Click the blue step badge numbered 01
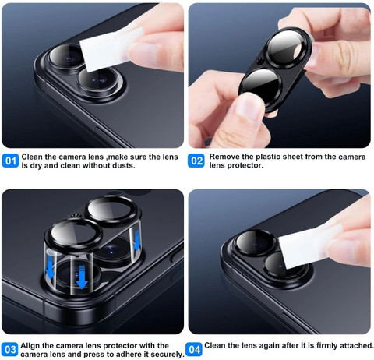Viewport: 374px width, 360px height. click(10, 161)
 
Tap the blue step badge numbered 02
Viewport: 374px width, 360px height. click(196, 161)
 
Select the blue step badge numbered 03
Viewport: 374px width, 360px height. click(10, 349)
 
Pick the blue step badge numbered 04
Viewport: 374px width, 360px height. click(194, 349)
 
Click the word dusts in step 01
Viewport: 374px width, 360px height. click(123, 165)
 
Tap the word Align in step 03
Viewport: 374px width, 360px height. click(30, 346)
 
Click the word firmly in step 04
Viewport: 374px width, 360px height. click(328, 346)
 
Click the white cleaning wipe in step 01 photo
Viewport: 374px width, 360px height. click(111, 49)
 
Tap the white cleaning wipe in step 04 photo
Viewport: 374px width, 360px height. click(310, 246)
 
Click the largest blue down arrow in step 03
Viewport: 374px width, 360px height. click(82, 277)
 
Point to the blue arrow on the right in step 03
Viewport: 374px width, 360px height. click(136, 242)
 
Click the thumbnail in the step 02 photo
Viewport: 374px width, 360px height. click(249, 105)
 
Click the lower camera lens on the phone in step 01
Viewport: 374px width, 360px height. click(100, 79)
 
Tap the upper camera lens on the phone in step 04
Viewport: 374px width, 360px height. click(256, 243)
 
